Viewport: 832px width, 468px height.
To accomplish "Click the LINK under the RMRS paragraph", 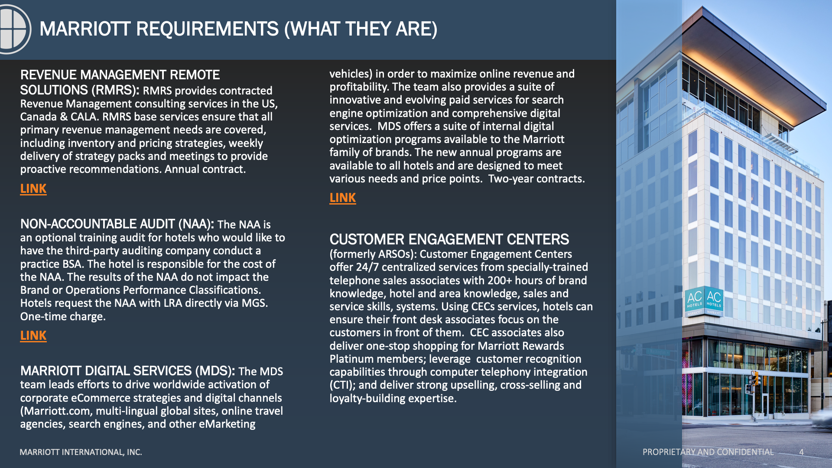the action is click(x=33, y=189).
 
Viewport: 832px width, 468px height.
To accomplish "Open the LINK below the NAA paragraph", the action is click(x=33, y=336).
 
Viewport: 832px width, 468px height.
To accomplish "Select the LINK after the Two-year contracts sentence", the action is click(x=343, y=198).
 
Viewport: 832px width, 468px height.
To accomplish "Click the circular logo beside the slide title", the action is click(x=14, y=29).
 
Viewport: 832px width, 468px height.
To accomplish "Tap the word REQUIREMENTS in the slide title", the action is click(x=207, y=29).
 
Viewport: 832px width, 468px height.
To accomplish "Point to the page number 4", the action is click(x=801, y=452).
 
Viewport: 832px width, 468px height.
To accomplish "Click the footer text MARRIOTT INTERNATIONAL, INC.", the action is click(x=81, y=452).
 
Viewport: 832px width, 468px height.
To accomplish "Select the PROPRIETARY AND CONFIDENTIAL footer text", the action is click(x=708, y=452).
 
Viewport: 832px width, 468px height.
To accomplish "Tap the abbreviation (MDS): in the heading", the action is click(x=215, y=371).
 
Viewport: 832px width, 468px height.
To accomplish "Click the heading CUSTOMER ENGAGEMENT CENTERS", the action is click(x=449, y=239).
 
